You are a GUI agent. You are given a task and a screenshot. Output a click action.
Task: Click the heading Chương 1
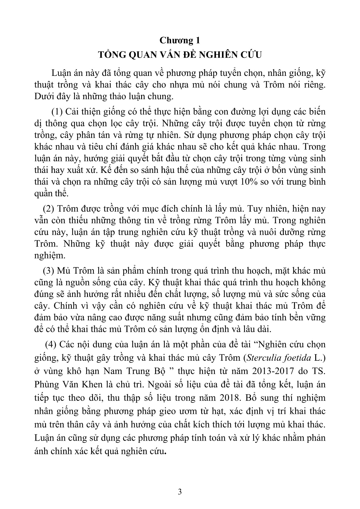coord(180,40)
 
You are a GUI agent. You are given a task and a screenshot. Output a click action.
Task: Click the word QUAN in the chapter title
coord(138,55)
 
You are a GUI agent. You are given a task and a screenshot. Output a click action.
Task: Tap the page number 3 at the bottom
coord(180,492)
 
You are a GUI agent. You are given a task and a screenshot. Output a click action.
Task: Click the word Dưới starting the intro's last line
coord(44,96)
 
